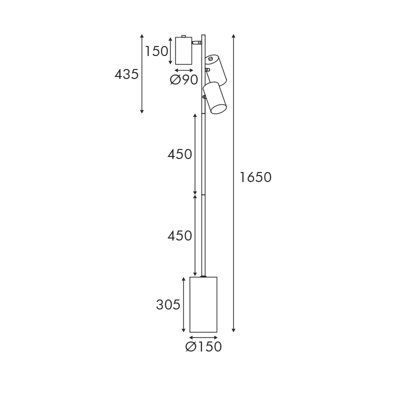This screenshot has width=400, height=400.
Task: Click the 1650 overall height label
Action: [x=255, y=177]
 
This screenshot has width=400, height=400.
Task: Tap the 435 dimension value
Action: [x=126, y=74]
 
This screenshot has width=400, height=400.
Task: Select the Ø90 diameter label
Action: [x=184, y=80]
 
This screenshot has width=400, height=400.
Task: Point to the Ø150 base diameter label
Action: [x=203, y=346]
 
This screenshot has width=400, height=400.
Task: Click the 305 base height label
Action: [x=168, y=304]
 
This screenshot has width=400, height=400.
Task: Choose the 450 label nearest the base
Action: [x=180, y=235]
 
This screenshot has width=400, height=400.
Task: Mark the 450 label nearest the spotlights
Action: [x=180, y=154]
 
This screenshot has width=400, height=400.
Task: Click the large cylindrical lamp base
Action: [x=203, y=304]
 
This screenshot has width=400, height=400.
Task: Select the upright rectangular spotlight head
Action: [x=183, y=50]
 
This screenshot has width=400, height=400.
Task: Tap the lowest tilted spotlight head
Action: [x=215, y=97]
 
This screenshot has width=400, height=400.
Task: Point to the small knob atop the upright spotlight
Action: [x=184, y=36]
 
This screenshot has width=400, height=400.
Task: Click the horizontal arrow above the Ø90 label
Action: [x=184, y=70]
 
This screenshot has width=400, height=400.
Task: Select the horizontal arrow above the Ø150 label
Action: [x=203, y=337]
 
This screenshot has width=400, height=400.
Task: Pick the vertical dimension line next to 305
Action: [x=184, y=304]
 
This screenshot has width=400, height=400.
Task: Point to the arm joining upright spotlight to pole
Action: [x=196, y=43]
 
